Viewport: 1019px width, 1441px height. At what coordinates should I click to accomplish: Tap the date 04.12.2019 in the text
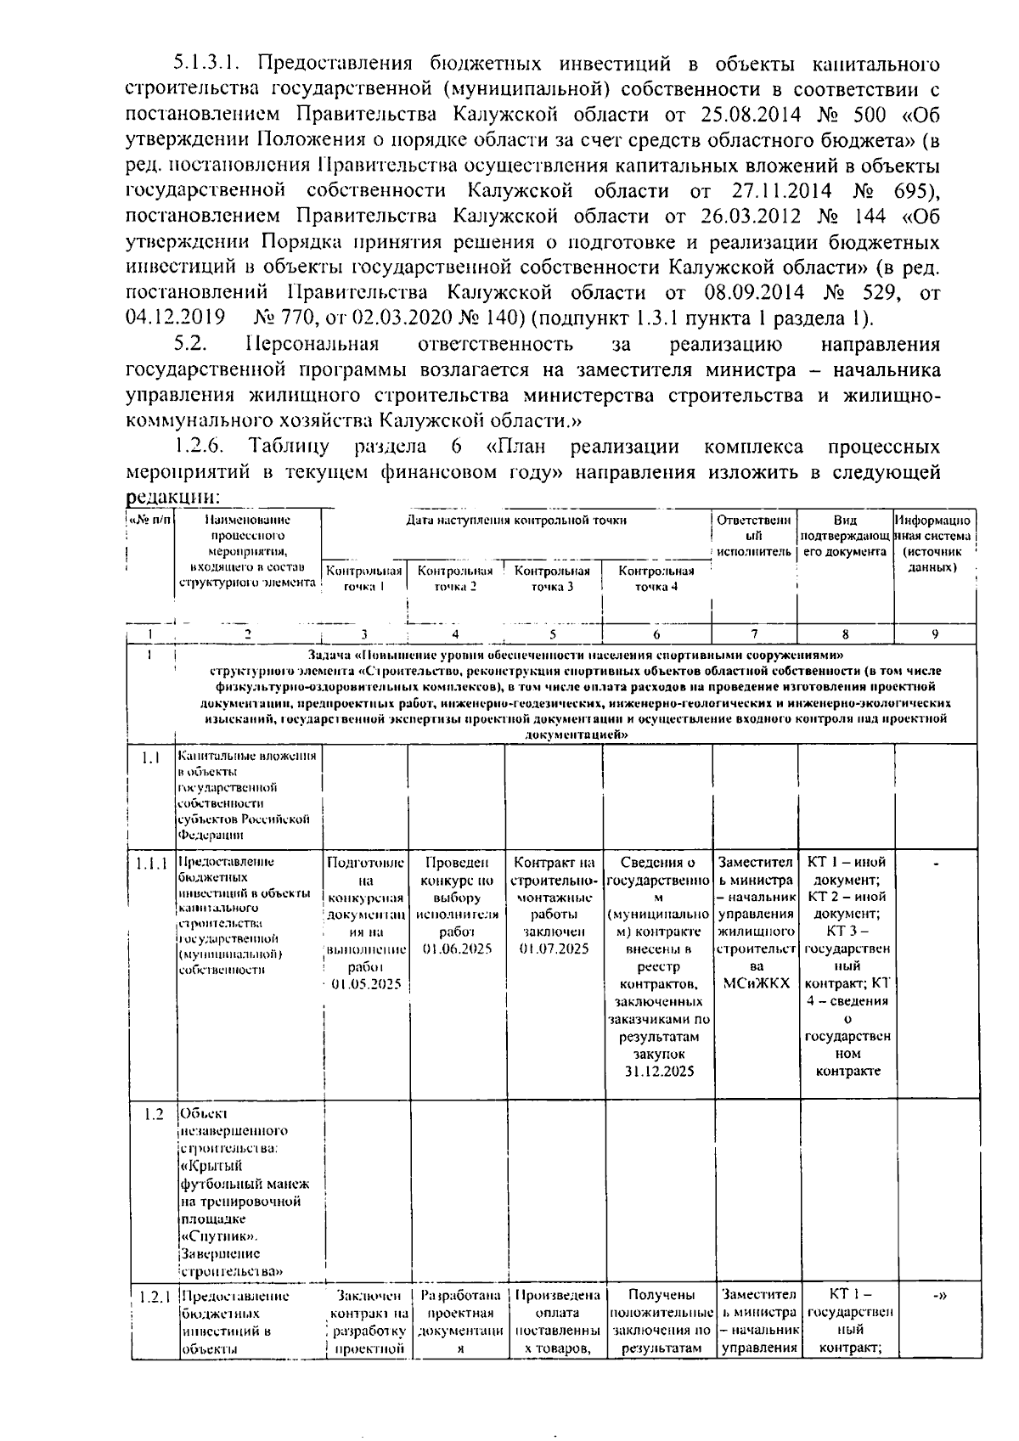[x=175, y=318]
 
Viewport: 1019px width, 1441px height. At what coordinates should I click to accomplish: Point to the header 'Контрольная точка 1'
[x=364, y=578]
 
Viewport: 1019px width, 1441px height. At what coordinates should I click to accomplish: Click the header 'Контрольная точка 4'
[x=656, y=578]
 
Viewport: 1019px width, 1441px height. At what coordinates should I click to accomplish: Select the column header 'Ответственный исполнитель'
[x=755, y=536]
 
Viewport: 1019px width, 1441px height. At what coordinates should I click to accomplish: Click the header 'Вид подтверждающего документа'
[x=845, y=536]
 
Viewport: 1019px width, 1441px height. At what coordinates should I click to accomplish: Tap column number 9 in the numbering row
[x=935, y=633]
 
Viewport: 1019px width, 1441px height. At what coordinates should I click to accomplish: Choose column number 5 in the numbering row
[x=553, y=633]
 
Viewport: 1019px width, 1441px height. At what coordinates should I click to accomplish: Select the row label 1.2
[x=153, y=1114]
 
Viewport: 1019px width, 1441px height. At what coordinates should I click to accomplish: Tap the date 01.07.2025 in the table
[x=554, y=948]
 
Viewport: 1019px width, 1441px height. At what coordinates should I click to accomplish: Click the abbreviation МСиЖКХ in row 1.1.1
[x=756, y=983]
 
